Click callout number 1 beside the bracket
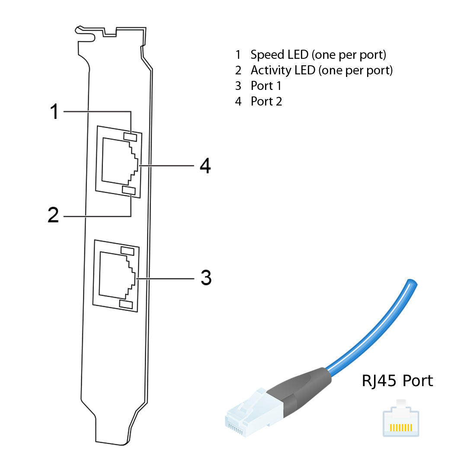[x=54, y=112]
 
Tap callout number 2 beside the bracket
[x=53, y=215]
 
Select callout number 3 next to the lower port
[x=206, y=278]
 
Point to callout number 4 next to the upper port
[x=205, y=166]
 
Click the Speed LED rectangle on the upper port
[x=130, y=136]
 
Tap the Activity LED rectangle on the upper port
[x=129, y=190]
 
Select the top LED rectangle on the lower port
[x=127, y=251]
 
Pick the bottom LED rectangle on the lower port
[x=126, y=305]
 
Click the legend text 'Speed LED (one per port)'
[x=318, y=55]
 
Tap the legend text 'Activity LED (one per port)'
[x=321, y=70]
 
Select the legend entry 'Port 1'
[x=266, y=86]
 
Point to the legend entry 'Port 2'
[x=266, y=101]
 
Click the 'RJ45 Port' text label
[x=397, y=381]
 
